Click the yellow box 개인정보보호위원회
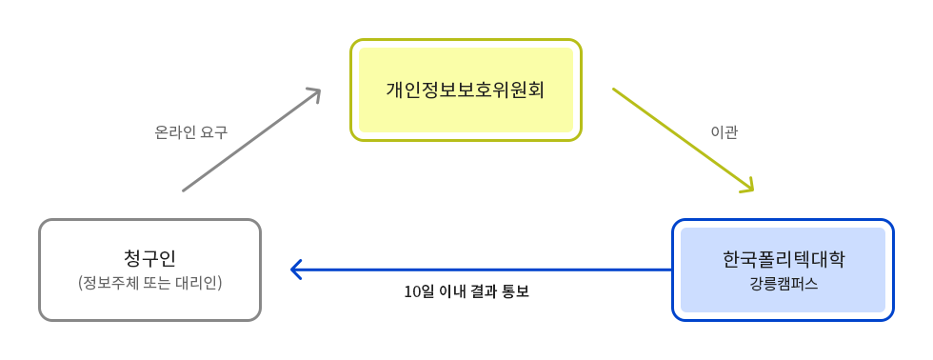[x=466, y=90]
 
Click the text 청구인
[x=149, y=259]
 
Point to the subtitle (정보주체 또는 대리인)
[x=149, y=283]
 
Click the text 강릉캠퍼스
[x=783, y=284]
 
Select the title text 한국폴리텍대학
[x=783, y=259]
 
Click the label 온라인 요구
[x=190, y=132]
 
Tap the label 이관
[x=725, y=132]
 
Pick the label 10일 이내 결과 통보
[x=466, y=291]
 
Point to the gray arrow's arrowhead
[x=314, y=94]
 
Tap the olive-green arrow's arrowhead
[x=747, y=186]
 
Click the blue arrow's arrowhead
[x=295, y=270]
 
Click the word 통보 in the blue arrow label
[x=515, y=291]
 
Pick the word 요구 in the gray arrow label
[x=214, y=132]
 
